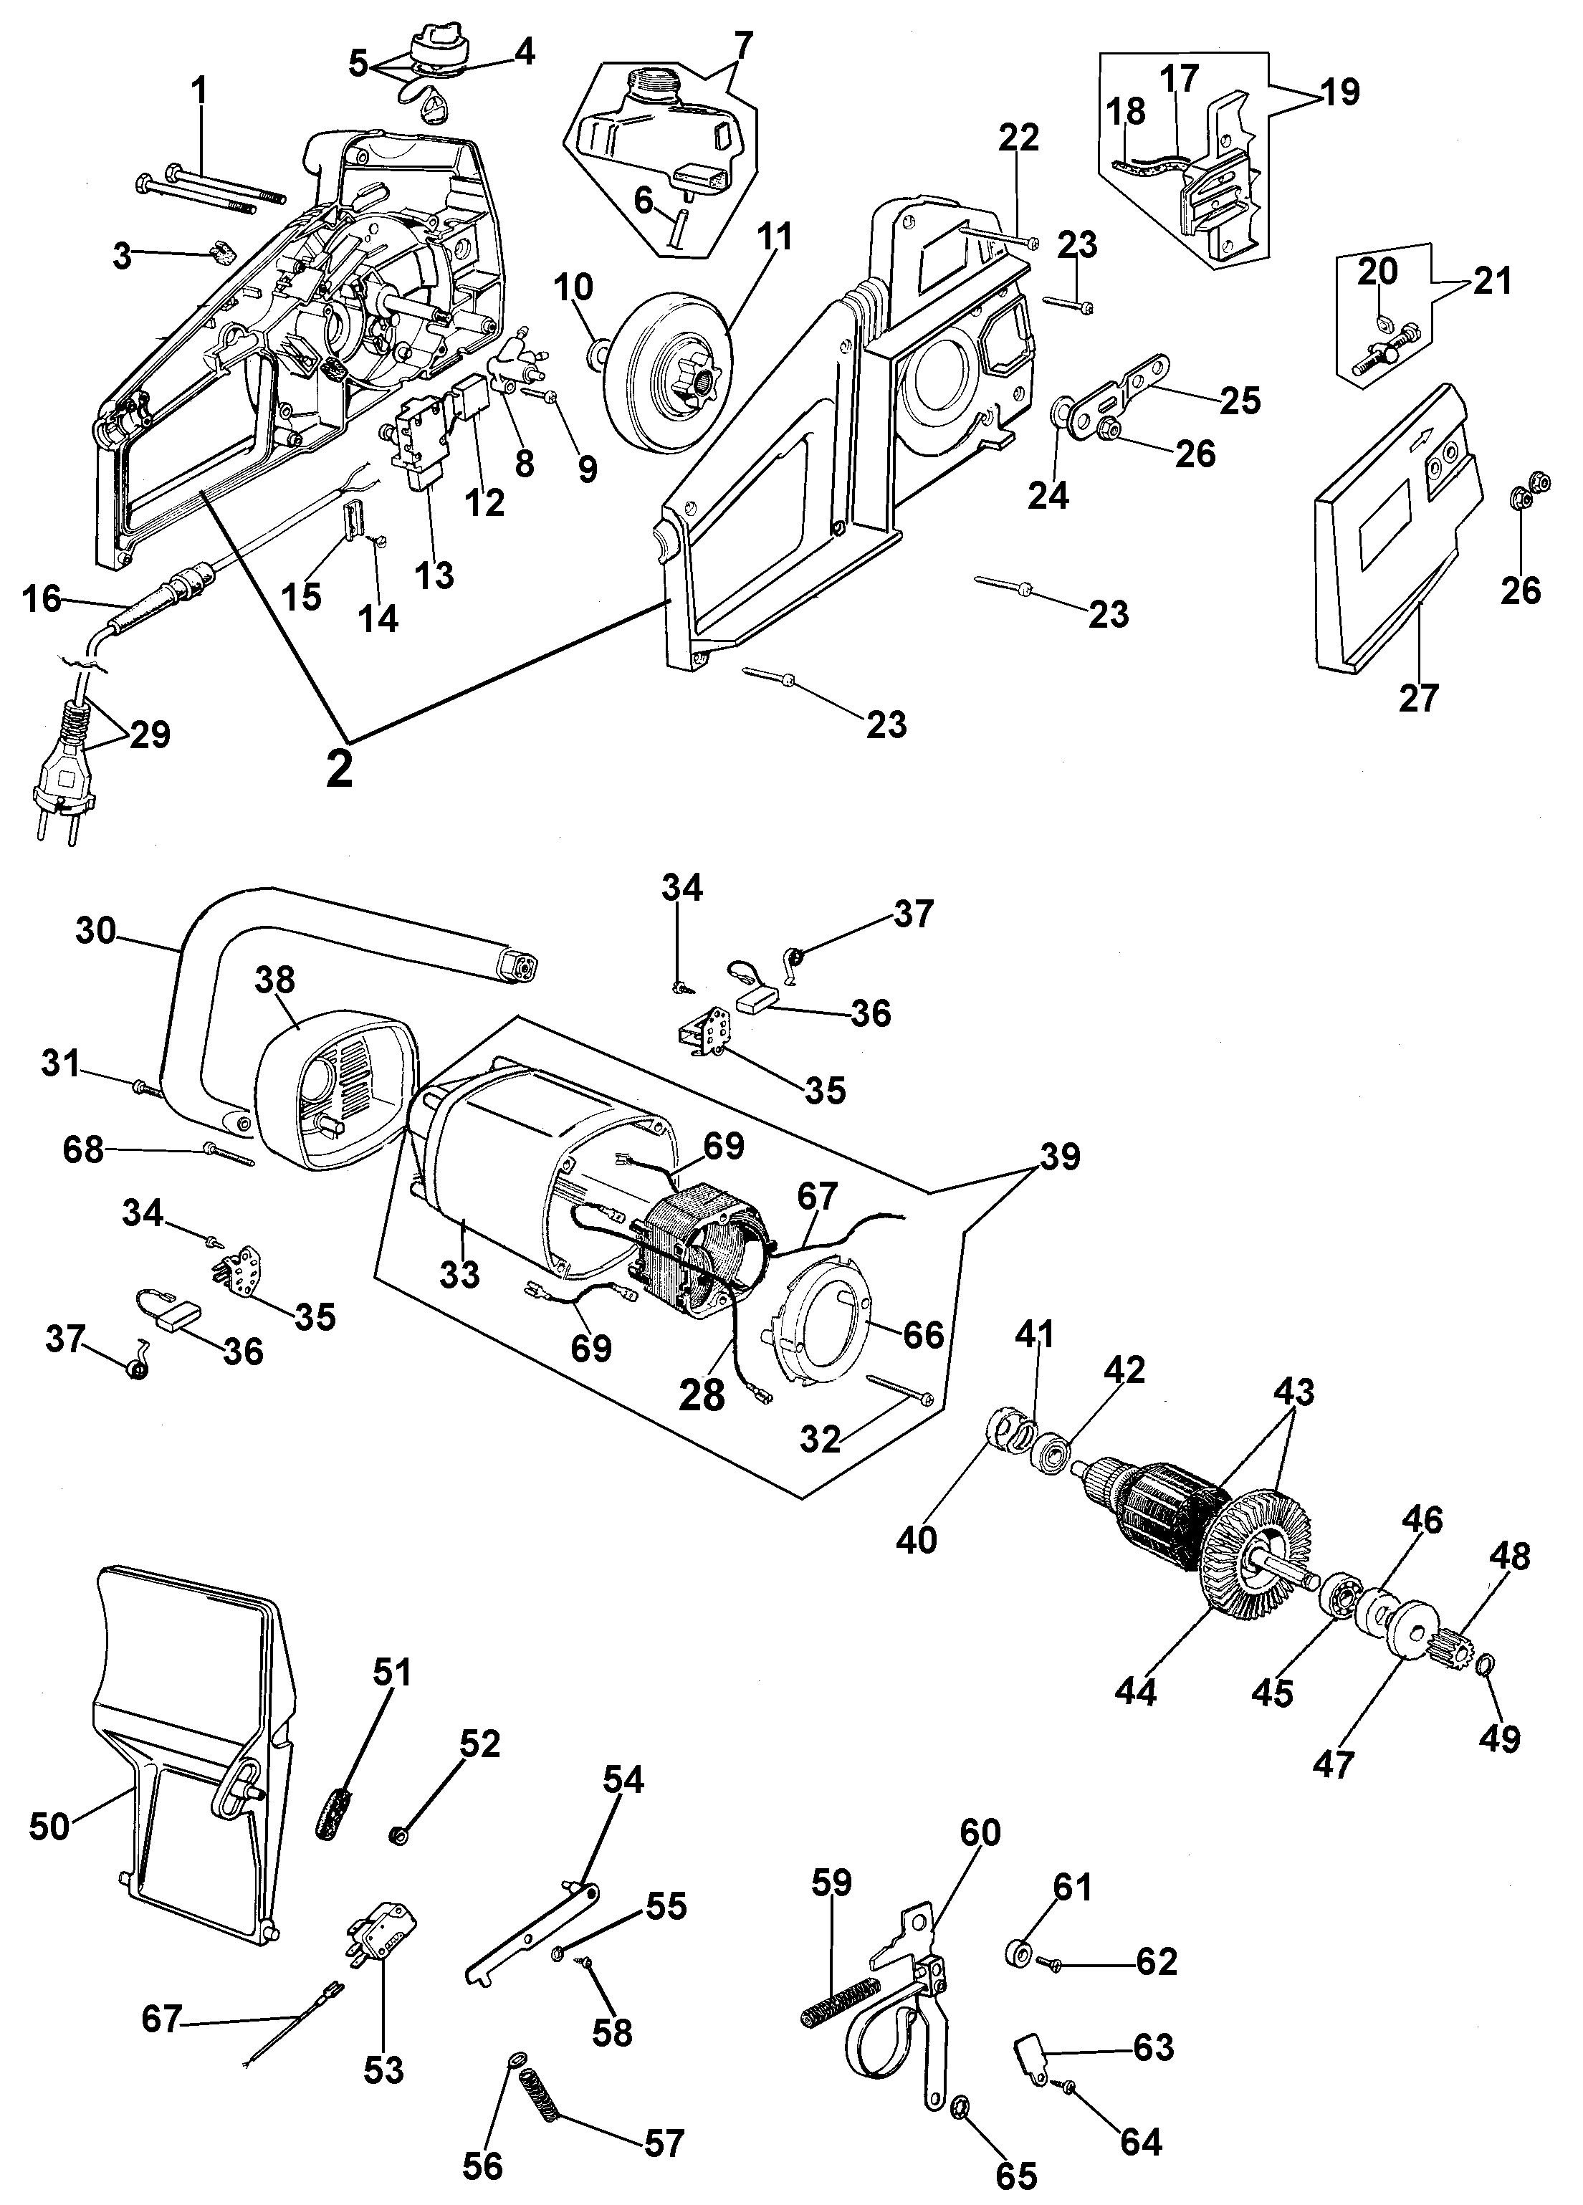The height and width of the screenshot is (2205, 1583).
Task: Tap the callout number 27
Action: tap(1417, 698)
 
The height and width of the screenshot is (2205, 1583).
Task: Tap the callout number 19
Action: tap(1340, 92)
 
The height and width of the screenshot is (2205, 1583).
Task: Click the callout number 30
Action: tap(95, 932)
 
